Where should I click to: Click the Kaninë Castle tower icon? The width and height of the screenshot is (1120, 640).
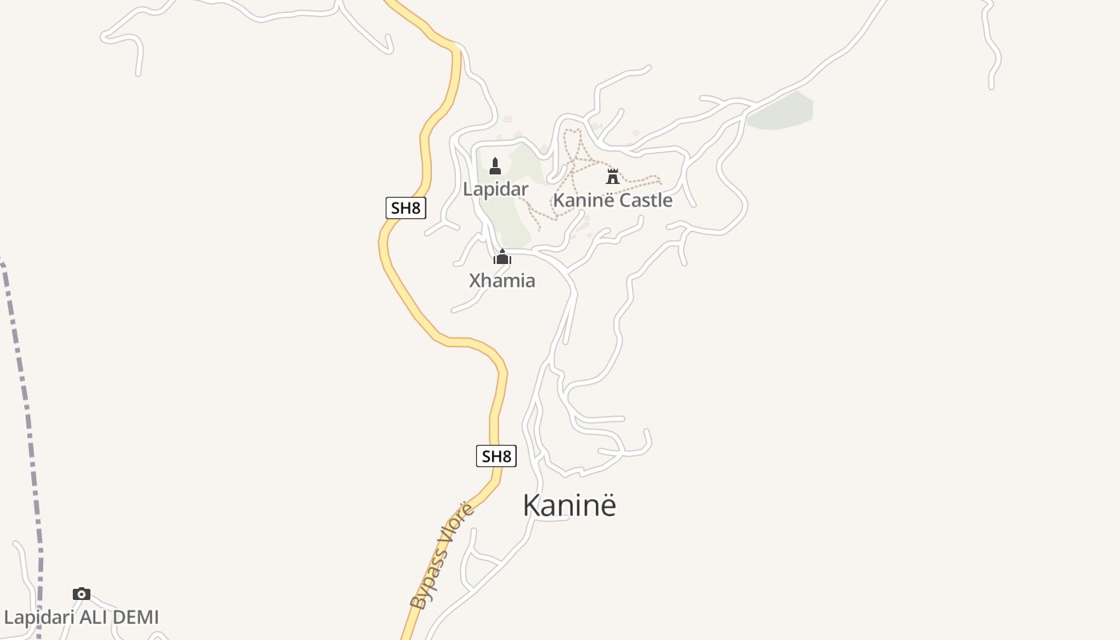pyautogui.click(x=613, y=176)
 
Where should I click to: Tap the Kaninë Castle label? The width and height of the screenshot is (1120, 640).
pyautogui.click(x=613, y=200)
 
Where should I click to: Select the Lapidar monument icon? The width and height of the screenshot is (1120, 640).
pyautogui.click(x=495, y=166)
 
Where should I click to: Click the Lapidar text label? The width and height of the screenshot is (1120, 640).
pyautogui.click(x=495, y=190)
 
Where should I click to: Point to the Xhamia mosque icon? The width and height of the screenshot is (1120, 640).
pyautogui.click(x=502, y=257)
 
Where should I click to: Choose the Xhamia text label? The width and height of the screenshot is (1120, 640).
pyautogui.click(x=502, y=281)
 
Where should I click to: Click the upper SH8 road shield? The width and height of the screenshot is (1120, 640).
pyautogui.click(x=406, y=209)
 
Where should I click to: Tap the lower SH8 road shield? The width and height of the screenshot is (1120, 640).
pyautogui.click(x=496, y=457)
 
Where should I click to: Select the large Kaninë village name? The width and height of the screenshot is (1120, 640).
pyautogui.click(x=570, y=506)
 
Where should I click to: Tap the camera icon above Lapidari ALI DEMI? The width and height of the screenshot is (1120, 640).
pyautogui.click(x=81, y=594)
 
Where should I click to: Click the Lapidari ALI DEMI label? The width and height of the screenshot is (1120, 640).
pyautogui.click(x=82, y=618)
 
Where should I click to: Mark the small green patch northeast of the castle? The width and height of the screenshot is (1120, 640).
pyautogui.click(x=781, y=111)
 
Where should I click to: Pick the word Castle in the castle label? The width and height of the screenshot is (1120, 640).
pyautogui.click(x=646, y=200)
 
